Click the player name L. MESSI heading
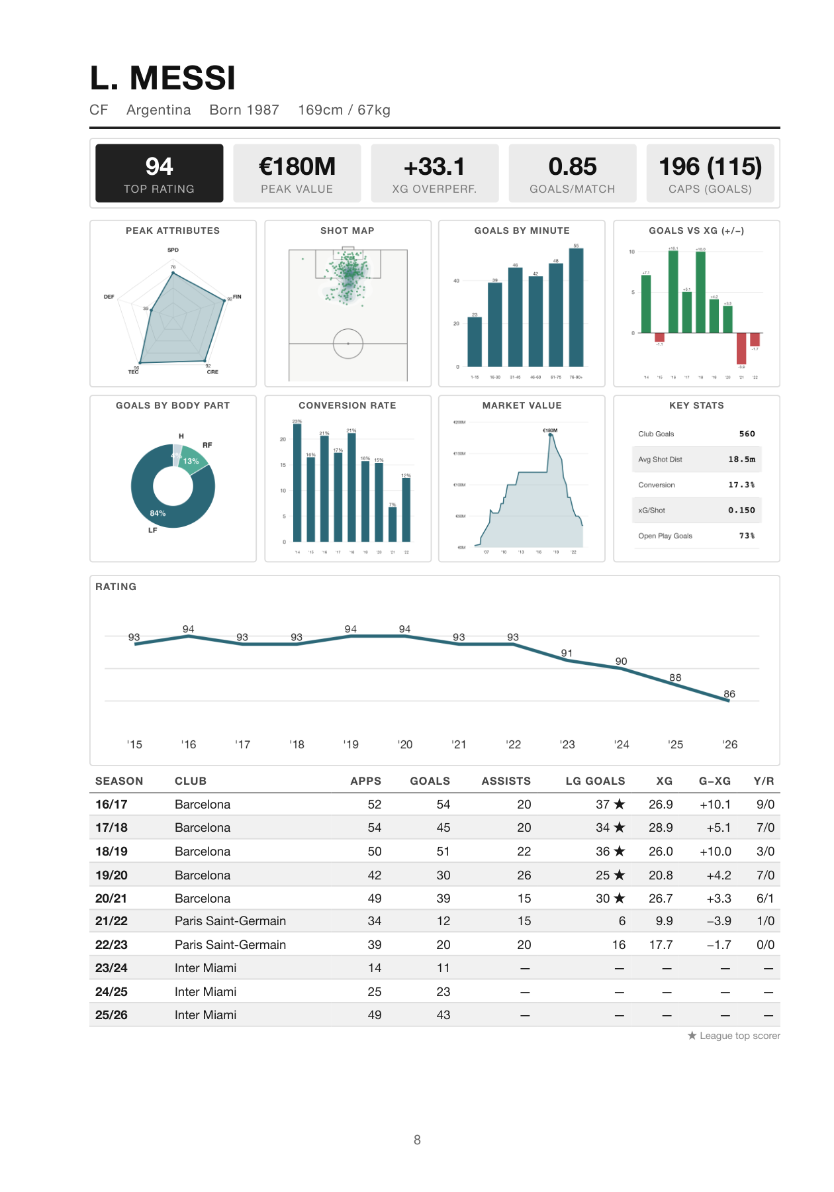click(163, 79)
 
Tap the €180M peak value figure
click(297, 167)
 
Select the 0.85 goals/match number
click(572, 167)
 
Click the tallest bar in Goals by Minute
click(576, 307)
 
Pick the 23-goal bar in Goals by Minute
click(475, 342)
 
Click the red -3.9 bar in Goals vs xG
click(741, 348)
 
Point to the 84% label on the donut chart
click(158, 513)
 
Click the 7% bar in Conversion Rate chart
click(393, 524)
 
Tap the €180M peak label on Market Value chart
click(550, 430)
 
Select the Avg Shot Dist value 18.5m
click(741, 460)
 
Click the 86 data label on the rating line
click(729, 694)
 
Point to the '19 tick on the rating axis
click(351, 744)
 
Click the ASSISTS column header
click(506, 781)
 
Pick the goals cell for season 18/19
click(443, 852)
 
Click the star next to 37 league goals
click(620, 804)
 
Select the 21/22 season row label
click(111, 921)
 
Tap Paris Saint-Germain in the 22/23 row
click(230, 945)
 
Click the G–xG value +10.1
click(715, 805)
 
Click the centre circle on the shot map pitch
click(347, 344)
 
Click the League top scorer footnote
click(734, 1036)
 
